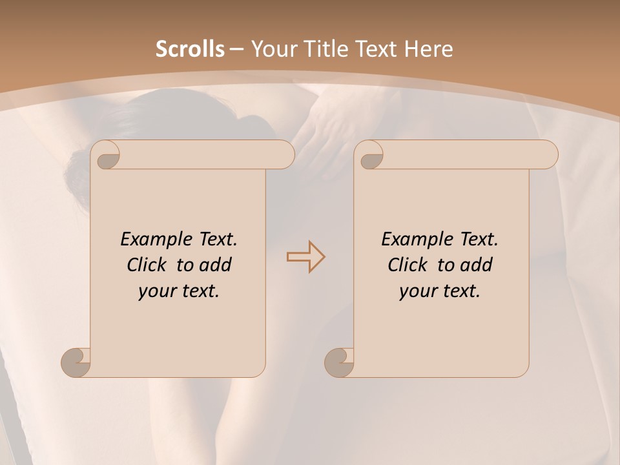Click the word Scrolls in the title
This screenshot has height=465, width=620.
[x=190, y=49]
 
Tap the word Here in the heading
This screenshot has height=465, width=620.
[x=428, y=49]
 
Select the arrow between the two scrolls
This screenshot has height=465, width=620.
[x=305, y=256]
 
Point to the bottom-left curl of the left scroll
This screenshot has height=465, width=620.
[x=76, y=362]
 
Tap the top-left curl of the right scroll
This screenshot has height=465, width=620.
[x=371, y=156]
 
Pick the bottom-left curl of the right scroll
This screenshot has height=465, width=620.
[x=339, y=362]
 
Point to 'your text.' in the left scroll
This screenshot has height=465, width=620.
[x=179, y=291]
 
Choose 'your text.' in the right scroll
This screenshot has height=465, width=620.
[x=440, y=291]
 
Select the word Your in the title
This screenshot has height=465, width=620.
[x=271, y=49]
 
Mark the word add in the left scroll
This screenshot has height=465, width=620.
[x=216, y=265]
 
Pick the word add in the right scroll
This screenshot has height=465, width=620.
[x=477, y=265]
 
